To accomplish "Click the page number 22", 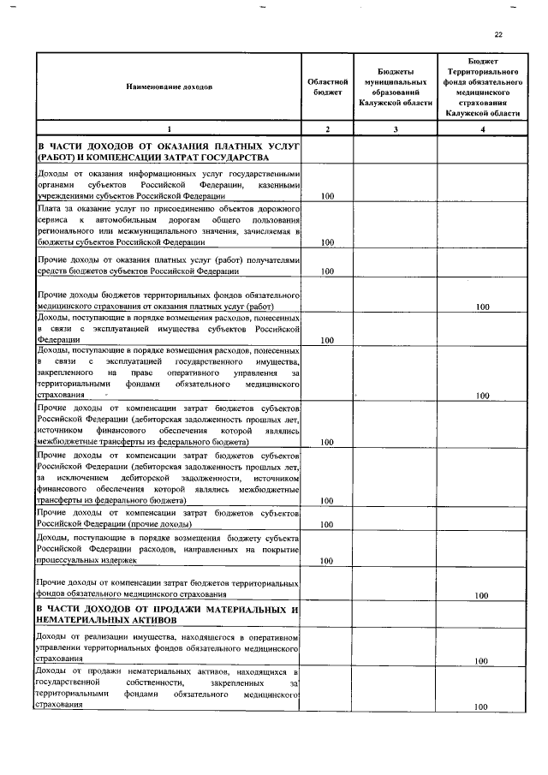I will [x=498, y=33].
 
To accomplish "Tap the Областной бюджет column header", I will [x=326, y=86].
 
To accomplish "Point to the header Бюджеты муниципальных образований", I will [x=396, y=86].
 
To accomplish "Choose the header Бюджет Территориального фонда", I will [x=484, y=86].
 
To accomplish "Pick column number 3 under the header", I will [x=396, y=128].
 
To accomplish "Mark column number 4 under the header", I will [x=484, y=128].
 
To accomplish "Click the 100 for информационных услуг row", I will [x=326, y=197].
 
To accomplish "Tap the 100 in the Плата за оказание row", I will [x=326, y=242].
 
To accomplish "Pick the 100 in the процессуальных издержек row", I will [x=326, y=561].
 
